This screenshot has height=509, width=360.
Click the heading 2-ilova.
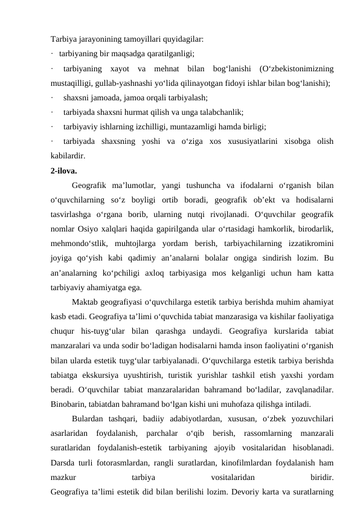(x=64, y=170)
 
